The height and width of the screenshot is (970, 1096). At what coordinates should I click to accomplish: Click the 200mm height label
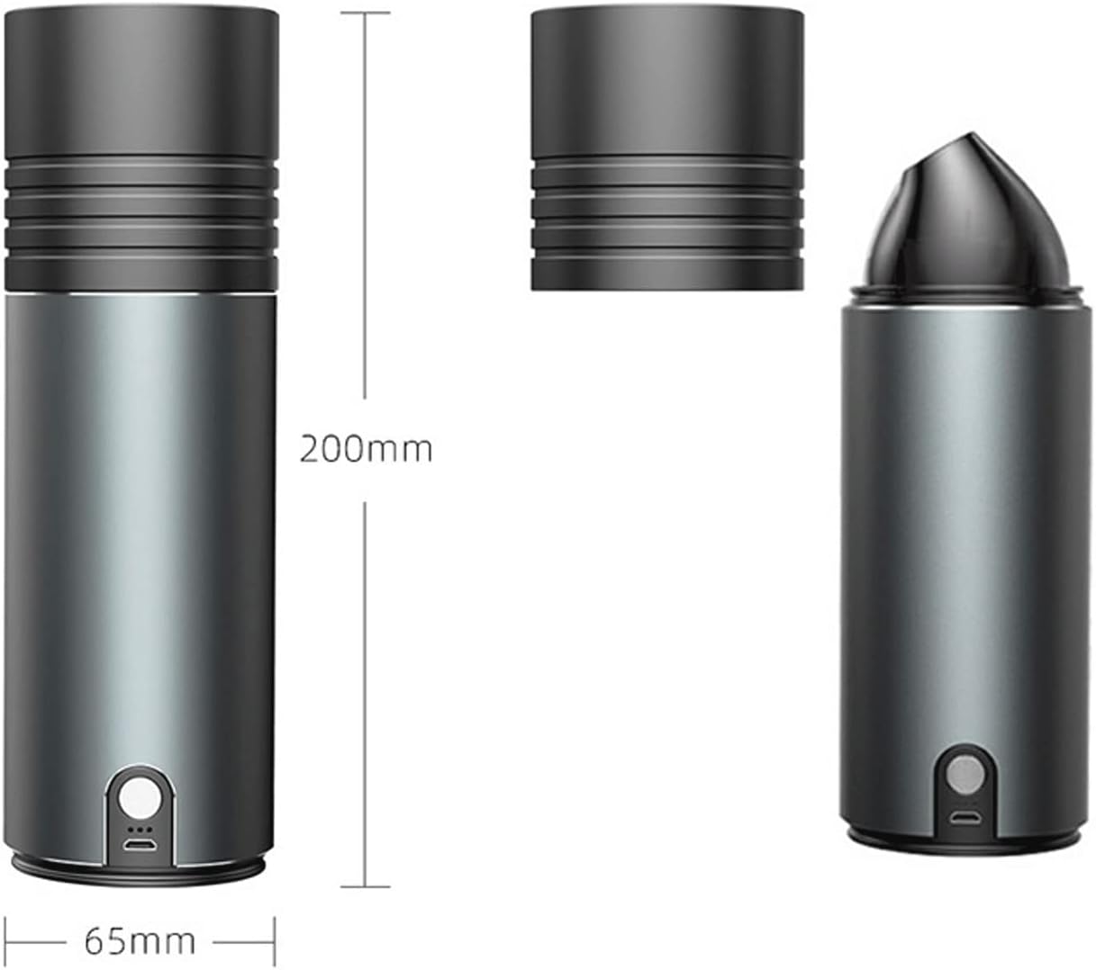pyautogui.click(x=366, y=448)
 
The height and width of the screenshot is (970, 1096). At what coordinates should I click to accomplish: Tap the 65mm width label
pyautogui.click(x=140, y=941)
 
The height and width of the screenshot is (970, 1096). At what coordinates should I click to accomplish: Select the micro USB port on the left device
pyautogui.click(x=139, y=846)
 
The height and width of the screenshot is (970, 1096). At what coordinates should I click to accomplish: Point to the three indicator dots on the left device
pyautogui.click(x=139, y=828)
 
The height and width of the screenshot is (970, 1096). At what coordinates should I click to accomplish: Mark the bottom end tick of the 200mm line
pyautogui.click(x=365, y=886)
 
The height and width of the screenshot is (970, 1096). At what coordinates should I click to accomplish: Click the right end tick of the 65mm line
pyautogui.click(x=275, y=941)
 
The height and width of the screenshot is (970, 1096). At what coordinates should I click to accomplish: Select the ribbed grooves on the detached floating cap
pyautogui.click(x=666, y=207)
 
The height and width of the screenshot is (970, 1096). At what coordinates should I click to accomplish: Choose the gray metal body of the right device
pyautogui.click(x=965, y=540)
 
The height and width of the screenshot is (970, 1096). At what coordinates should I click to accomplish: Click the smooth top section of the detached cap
pyautogui.click(x=666, y=81)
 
